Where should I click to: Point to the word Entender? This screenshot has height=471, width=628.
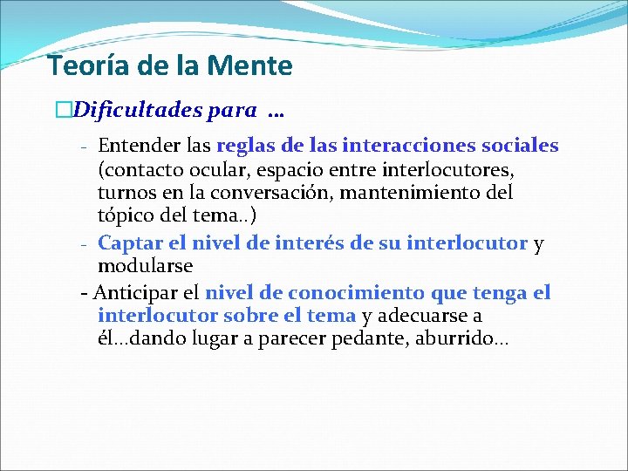coord(134,146)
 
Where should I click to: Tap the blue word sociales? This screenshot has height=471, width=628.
coord(520,146)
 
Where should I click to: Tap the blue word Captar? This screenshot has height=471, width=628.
coord(128,243)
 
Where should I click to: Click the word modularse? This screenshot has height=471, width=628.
coord(145,265)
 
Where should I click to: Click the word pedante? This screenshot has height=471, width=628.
coord(363,338)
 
